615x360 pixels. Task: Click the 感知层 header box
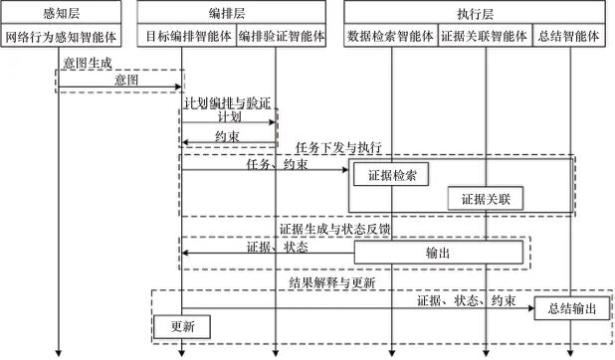(x=61, y=12)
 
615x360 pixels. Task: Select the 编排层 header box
(x=231, y=12)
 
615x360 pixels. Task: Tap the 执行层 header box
(x=475, y=12)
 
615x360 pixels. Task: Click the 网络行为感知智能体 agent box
(x=61, y=36)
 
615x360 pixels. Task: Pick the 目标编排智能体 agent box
(x=187, y=36)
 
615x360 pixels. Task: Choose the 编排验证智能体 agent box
(x=282, y=36)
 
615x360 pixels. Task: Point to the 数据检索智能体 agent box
(x=391, y=36)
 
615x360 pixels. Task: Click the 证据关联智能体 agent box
(x=486, y=36)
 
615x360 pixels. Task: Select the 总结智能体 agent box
(x=569, y=36)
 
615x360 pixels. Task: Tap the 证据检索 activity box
(x=391, y=174)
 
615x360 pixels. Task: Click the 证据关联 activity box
(x=486, y=199)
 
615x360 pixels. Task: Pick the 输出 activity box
(x=439, y=253)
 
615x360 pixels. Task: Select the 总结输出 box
(x=572, y=308)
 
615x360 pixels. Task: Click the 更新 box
(x=182, y=326)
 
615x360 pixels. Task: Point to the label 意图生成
(x=88, y=63)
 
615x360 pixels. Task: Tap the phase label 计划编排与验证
(x=228, y=102)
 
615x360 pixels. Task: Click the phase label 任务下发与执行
(x=338, y=147)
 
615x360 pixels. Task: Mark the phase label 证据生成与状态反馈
(x=334, y=229)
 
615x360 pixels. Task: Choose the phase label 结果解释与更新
(x=332, y=282)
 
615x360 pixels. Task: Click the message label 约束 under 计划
(x=227, y=136)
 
